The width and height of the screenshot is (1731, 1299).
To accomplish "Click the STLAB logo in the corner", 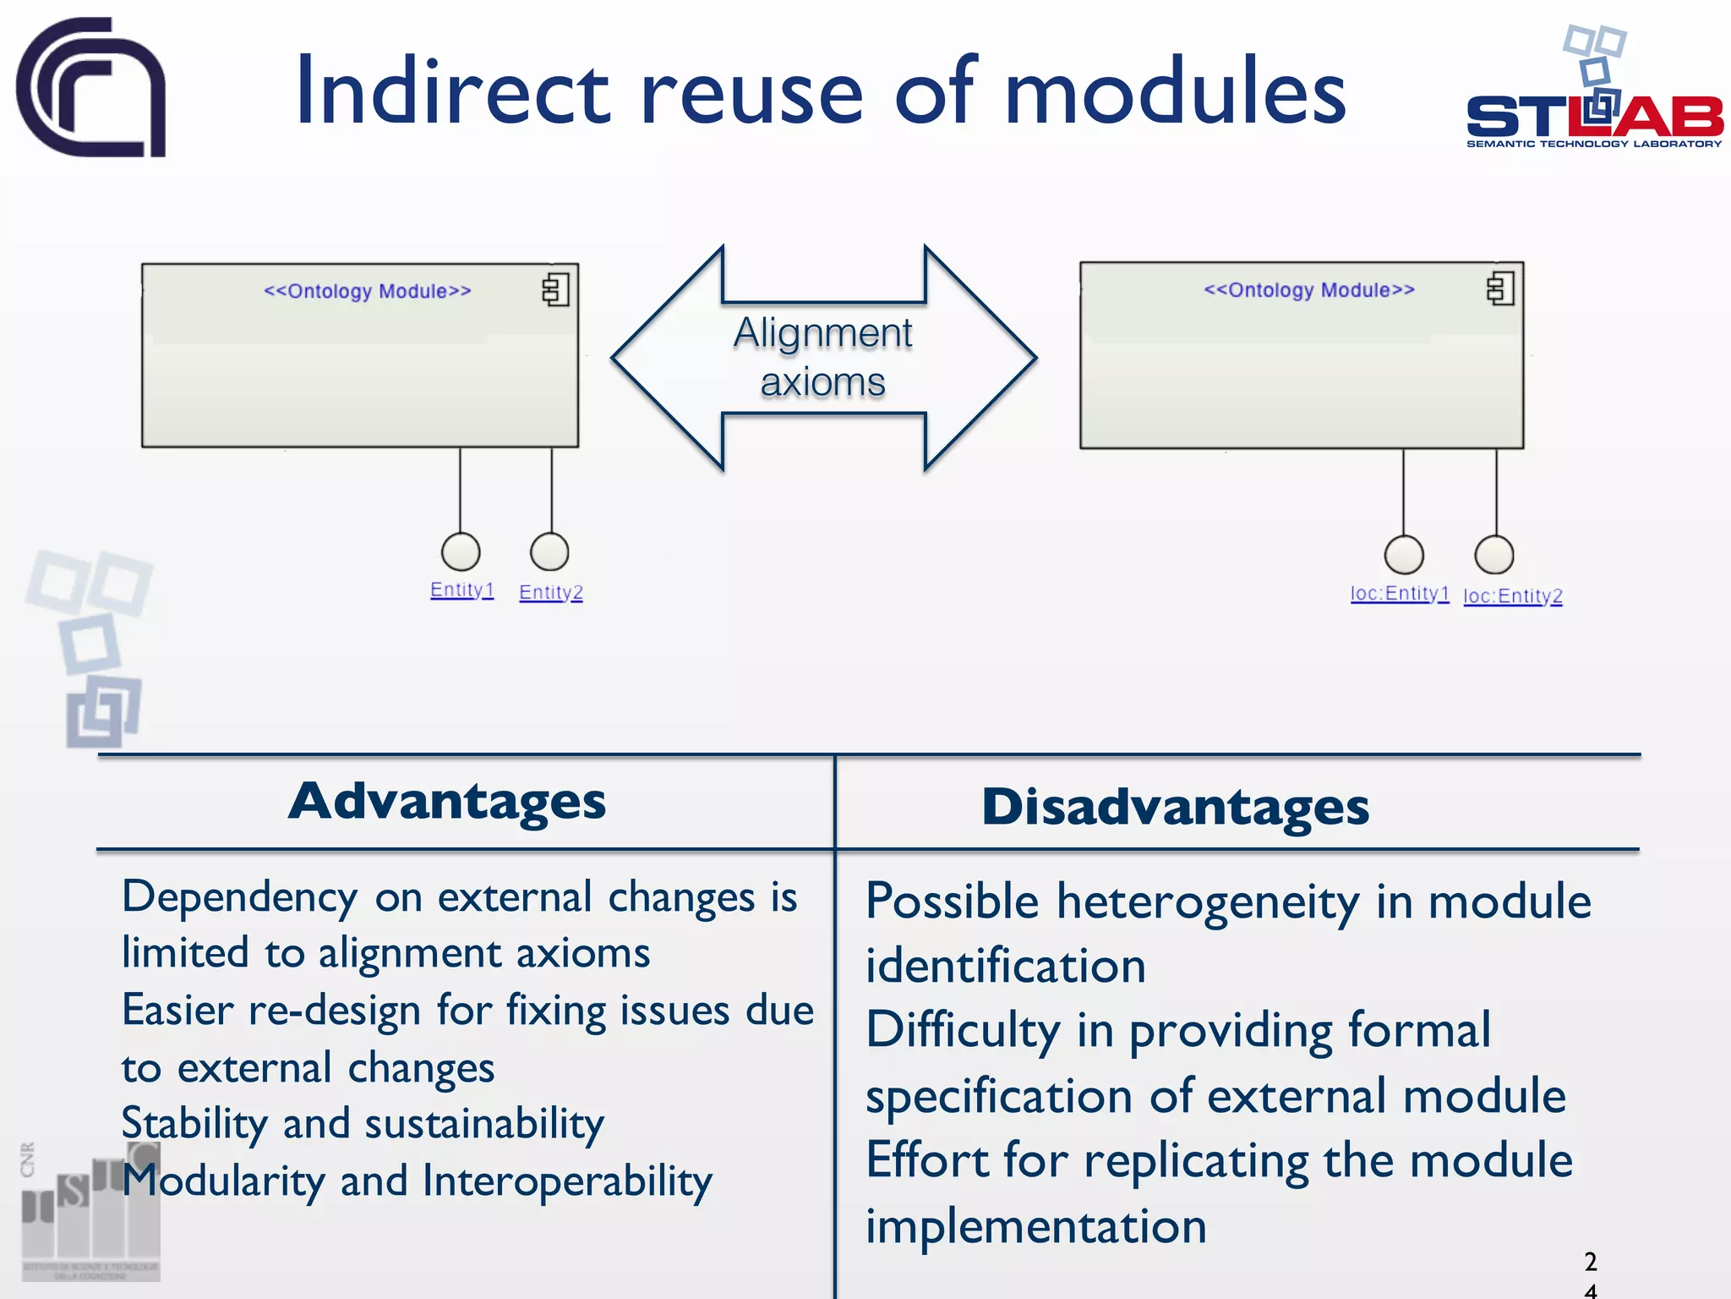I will click(1593, 93).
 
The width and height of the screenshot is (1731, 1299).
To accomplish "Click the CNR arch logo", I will click(91, 87).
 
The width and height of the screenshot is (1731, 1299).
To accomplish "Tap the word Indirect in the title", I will click(452, 91).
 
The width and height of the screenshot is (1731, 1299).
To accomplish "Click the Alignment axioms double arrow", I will click(823, 358).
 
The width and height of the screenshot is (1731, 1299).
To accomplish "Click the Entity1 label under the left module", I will click(461, 589).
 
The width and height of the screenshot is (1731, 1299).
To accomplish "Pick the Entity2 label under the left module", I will click(551, 592).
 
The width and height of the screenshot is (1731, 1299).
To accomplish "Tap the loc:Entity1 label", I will click(1400, 594).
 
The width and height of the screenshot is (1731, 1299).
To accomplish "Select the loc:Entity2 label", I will click(1512, 596).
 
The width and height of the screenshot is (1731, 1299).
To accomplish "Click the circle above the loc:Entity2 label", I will click(1493, 555).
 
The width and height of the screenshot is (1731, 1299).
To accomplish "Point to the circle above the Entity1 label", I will click(461, 552).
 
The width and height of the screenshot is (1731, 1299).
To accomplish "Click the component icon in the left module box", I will click(555, 290).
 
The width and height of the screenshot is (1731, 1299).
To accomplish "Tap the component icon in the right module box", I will click(1500, 289).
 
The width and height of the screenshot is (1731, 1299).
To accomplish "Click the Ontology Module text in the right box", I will click(1308, 290).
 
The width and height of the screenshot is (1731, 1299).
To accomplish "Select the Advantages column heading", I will click(447, 801).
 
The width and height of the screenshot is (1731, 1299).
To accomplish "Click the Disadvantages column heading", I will click(1175, 807).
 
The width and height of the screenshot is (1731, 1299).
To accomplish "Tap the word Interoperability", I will click(567, 1181).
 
